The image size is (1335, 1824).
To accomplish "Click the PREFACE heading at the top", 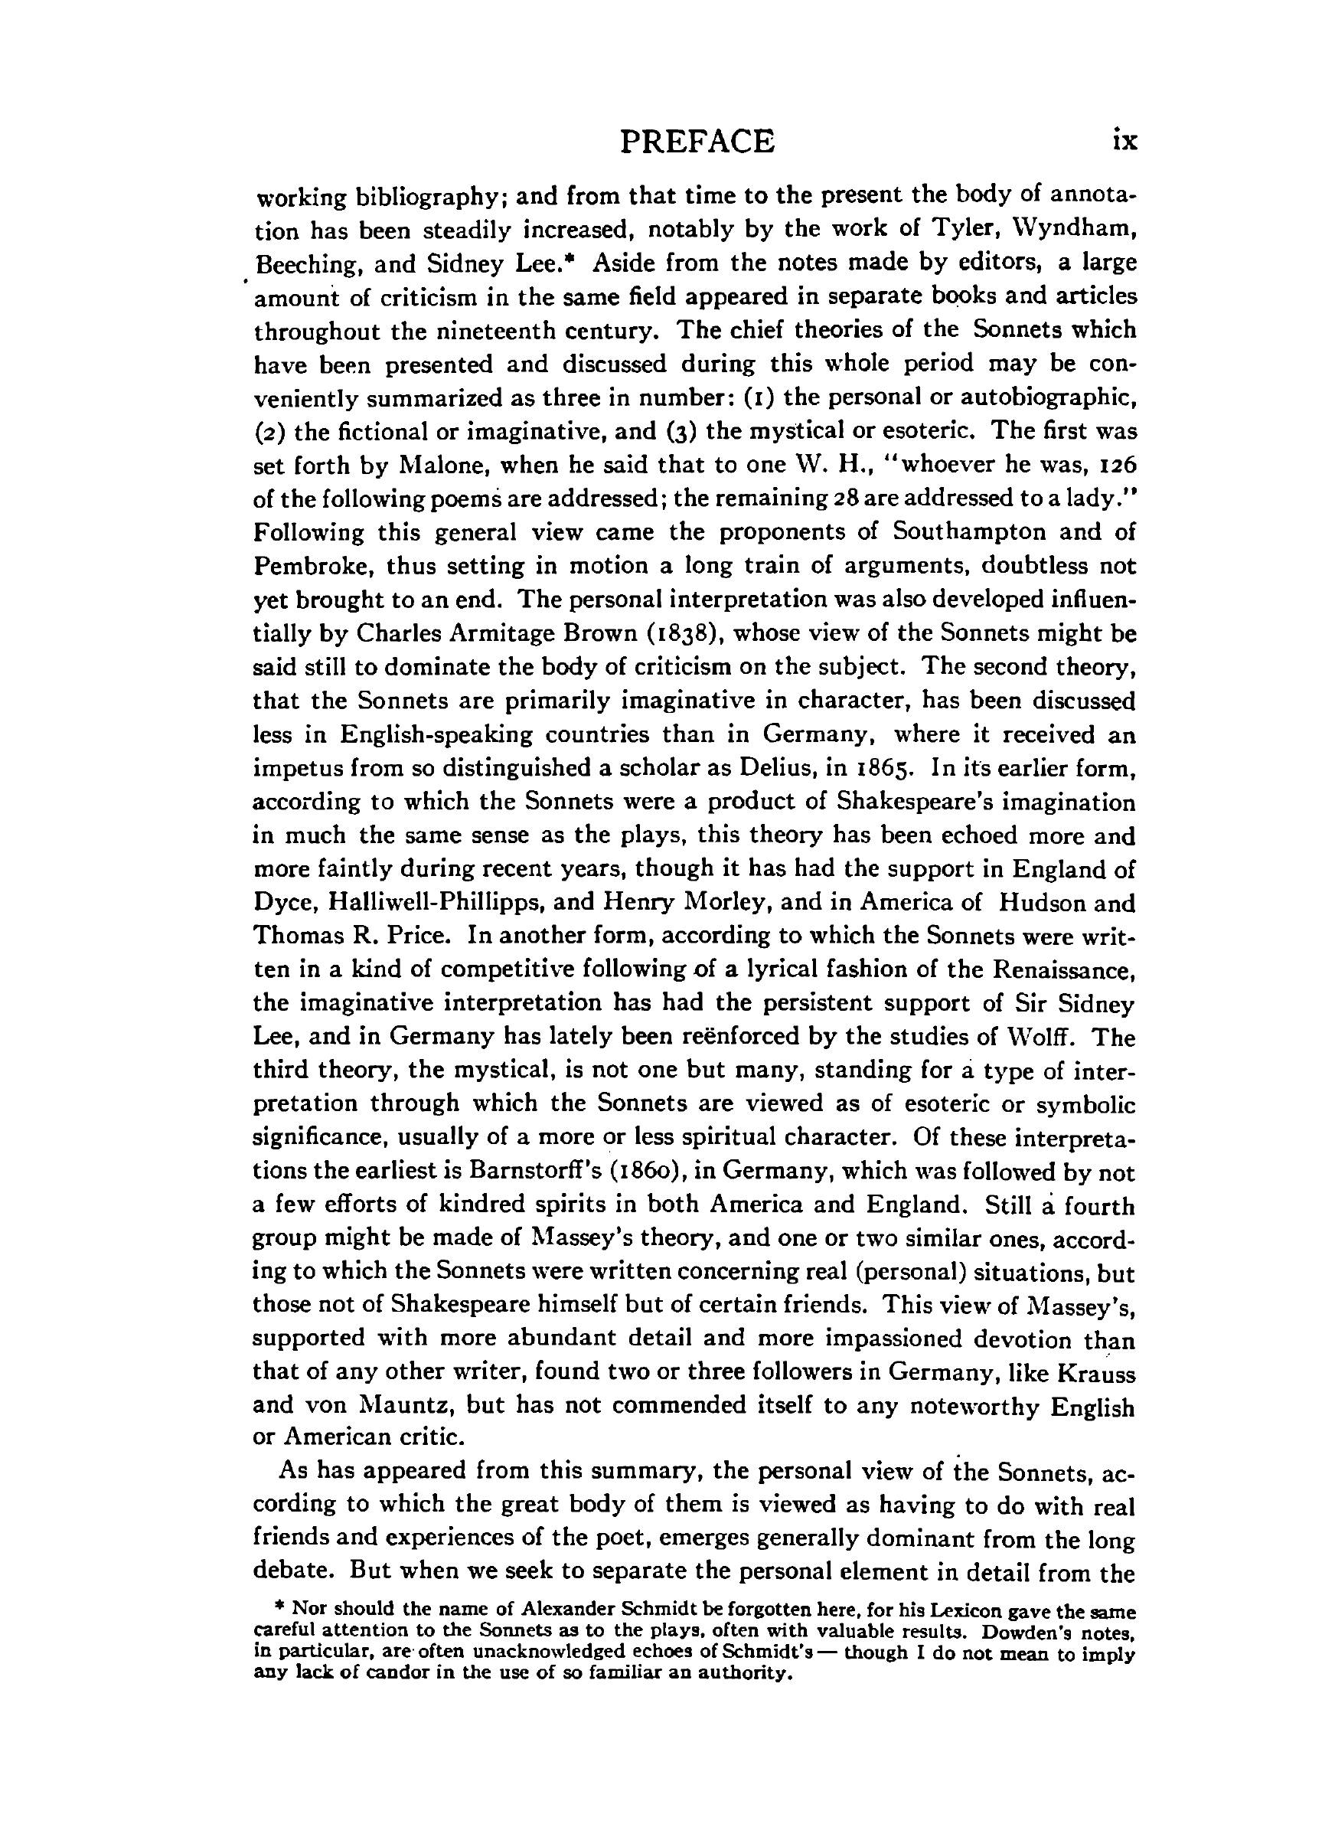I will coord(697,142).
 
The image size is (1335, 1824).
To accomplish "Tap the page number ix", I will coord(1124,142).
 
